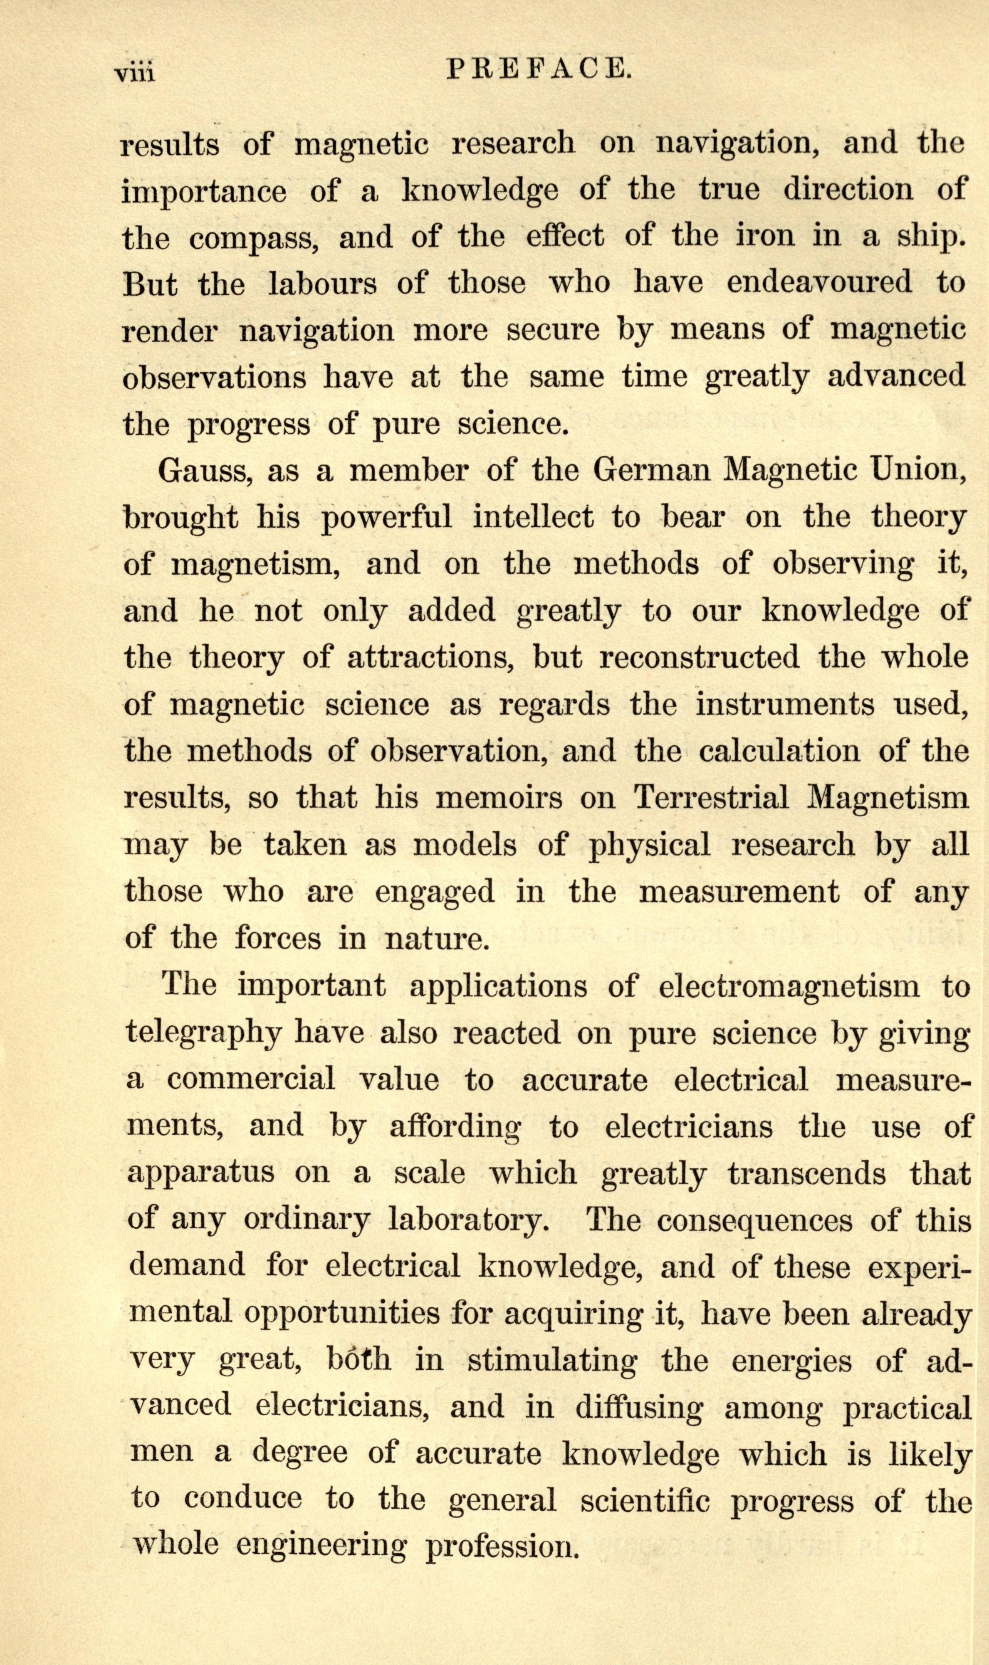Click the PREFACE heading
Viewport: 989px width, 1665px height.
pos(539,69)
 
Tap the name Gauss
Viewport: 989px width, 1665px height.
pos(203,472)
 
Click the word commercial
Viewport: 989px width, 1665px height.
pos(251,1080)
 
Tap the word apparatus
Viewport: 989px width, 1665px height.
pos(200,1174)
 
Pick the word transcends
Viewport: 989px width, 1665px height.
pos(806,1174)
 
